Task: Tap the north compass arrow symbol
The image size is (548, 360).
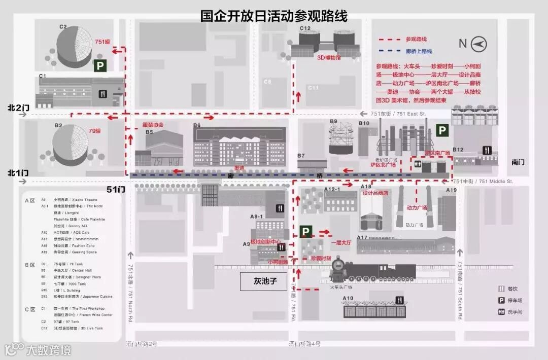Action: click(x=478, y=44)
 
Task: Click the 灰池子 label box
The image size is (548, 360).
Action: click(x=263, y=280)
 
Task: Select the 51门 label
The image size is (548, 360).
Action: click(x=116, y=189)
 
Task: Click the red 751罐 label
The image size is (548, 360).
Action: click(x=104, y=42)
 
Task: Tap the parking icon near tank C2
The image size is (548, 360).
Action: click(x=100, y=65)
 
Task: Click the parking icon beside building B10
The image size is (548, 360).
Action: click(x=442, y=131)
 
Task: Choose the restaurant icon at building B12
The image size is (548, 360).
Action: click(x=487, y=150)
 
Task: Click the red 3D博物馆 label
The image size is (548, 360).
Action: click(x=329, y=58)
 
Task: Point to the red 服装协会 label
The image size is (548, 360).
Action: click(x=153, y=124)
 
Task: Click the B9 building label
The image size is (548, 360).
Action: click(x=333, y=121)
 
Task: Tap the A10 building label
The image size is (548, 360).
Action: click(x=348, y=298)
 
